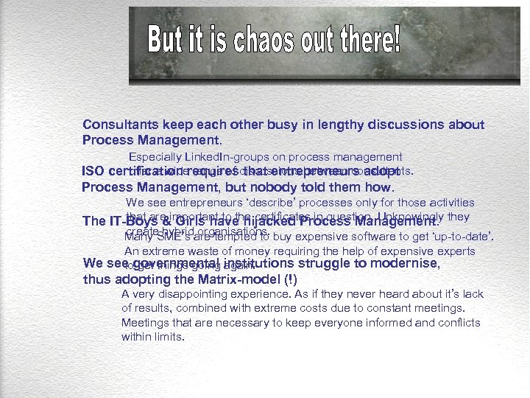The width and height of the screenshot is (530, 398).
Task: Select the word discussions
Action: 382,125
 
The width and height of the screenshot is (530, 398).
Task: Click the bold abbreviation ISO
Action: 93,172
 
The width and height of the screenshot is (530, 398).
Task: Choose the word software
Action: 395,237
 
